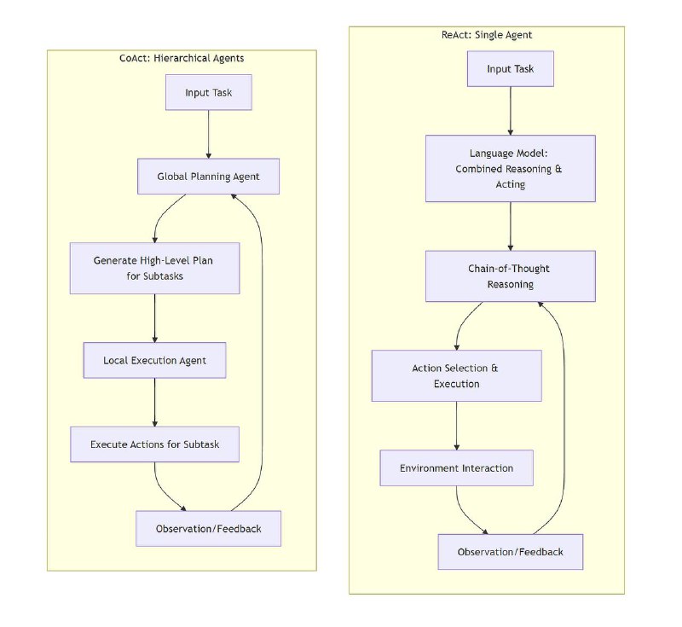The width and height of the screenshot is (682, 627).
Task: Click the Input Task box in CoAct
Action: point(208,92)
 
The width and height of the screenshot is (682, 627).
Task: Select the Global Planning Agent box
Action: point(208,177)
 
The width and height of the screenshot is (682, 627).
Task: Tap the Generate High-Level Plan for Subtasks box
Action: point(155,268)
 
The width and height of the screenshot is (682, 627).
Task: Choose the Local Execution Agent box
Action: point(155,360)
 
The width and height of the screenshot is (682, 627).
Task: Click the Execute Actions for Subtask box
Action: point(155,444)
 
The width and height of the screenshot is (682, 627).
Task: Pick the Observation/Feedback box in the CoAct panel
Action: point(208,529)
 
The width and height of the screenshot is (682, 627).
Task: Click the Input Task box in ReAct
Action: point(510,69)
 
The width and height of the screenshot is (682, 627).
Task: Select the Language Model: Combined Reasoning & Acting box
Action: point(510,168)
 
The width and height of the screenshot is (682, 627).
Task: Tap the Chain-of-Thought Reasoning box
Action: point(510,276)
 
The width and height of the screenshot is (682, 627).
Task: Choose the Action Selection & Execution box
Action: point(457,376)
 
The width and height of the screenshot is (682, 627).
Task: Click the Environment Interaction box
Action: point(457,468)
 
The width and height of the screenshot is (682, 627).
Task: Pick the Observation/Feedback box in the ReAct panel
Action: point(510,552)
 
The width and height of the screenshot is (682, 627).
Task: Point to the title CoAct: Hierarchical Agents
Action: point(182,58)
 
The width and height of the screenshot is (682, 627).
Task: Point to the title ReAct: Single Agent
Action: point(487,35)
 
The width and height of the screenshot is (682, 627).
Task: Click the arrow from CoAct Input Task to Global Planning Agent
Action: point(208,134)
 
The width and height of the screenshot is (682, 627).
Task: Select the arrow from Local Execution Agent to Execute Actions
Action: point(155,403)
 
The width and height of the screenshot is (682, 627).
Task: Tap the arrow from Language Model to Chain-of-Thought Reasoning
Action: point(510,226)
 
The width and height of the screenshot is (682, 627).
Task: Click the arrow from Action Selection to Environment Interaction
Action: point(457,426)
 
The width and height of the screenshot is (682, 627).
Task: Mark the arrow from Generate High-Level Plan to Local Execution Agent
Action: point(155,318)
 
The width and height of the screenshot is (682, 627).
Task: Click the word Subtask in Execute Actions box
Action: point(201,444)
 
